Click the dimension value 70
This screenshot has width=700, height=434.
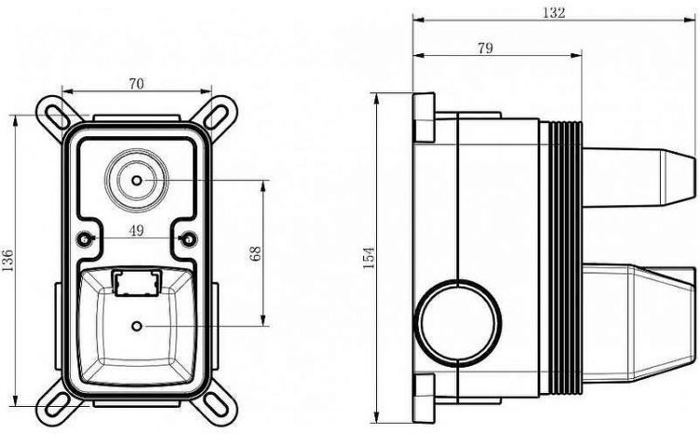pos(136,83)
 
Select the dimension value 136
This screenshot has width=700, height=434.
pos(7,260)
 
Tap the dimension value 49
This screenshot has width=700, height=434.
pos(136,231)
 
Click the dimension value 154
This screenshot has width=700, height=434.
pos(369,258)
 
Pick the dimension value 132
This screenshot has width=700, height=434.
pos(553,12)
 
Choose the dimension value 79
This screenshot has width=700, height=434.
pos(485,48)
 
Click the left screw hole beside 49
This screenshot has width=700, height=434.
pos(84,239)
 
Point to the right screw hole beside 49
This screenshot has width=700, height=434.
pos(189,239)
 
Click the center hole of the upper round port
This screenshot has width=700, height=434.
pos(136,180)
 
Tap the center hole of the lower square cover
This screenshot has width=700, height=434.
pos(136,327)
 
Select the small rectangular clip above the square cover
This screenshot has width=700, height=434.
pos(136,282)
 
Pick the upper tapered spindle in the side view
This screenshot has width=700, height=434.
pos(639,177)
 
